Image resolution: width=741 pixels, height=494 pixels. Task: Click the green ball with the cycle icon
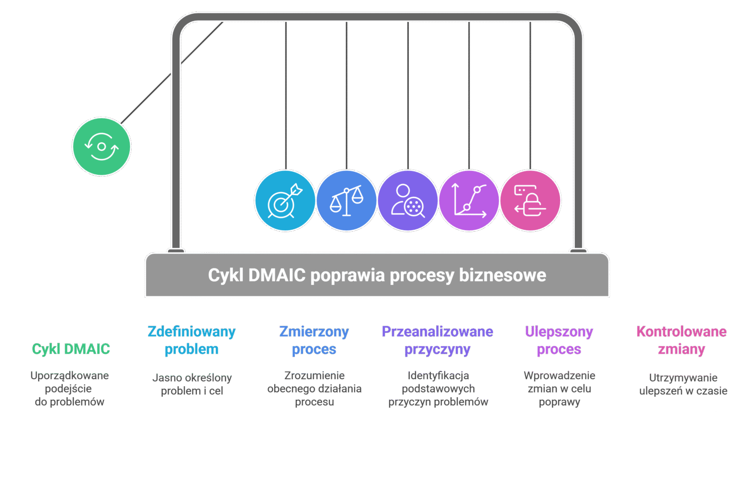[x=101, y=146]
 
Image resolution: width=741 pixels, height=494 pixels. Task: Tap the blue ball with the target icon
[x=285, y=201]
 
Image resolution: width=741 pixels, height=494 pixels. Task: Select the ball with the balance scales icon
[x=346, y=201]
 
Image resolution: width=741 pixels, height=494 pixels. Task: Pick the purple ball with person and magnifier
[x=407, y=201]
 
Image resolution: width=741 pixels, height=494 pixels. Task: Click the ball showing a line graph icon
[x=469, y=201]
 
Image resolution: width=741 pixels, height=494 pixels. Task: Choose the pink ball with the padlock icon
[x=530, y=201]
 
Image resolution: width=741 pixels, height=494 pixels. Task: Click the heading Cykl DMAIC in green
[x=71, y=349]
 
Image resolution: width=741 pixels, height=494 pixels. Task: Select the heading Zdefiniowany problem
[x=191, y=340]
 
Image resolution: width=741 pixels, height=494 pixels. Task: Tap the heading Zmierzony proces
[x=314, y=340]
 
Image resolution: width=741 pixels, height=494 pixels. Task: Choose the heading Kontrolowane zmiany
[x=682, y=340]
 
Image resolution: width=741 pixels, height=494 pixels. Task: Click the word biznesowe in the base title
[x=503, y=275]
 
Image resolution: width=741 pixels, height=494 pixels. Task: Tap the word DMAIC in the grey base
[x=277, y=275]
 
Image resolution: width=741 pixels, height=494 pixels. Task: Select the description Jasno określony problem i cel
[x=192, y=384]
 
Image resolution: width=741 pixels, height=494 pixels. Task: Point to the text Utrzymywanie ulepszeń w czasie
[x=683, y=384]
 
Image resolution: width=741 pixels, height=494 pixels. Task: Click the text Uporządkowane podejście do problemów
[x=69, y=389]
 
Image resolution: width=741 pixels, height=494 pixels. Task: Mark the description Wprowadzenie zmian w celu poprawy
[x=559, y=389]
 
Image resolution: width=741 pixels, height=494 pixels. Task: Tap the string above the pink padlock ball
[x=530, y=96]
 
